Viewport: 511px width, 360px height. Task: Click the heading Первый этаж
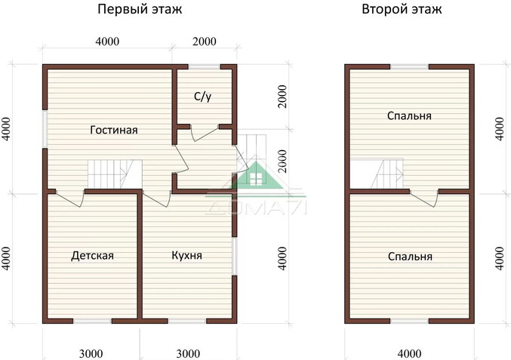[x=140, y=10]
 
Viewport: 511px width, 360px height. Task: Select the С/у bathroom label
[x=202, y=97]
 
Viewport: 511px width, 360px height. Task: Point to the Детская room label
[x=92, y=256]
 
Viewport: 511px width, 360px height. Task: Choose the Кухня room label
[x=186, y=256]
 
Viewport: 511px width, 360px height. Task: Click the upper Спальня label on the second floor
[x=409, y=116]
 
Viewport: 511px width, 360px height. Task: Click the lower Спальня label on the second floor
[x=409, y=257]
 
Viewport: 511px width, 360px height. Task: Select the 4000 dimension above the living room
[x=107, y=42]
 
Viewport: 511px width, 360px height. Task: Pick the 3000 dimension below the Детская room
[x=91, y=352]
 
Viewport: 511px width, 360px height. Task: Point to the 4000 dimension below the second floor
[x=409, y=352]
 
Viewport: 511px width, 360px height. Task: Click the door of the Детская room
[x=69, y=197]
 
